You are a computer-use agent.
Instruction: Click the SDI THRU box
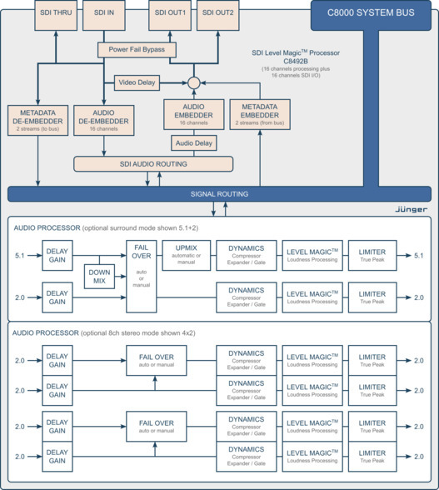[57, 12]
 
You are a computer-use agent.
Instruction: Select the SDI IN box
[103, 12]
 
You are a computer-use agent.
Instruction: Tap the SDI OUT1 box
[170, 12]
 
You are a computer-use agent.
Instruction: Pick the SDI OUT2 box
[218, 12]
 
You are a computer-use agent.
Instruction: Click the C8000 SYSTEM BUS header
[372, 13]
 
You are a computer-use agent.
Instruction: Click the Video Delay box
[136, 82]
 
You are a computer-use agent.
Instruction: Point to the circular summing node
[194, 82]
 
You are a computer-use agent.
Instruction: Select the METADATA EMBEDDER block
[260, 115]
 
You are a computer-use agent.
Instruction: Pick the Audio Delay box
[194, 142]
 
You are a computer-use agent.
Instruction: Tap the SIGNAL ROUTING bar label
[220, 194]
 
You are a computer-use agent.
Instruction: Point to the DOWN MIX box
[99, 277]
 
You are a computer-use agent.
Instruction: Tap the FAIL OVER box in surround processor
[141, 276]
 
